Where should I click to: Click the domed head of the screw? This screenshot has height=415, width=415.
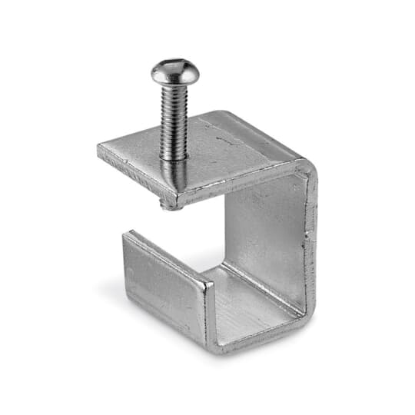[x=174, y=71]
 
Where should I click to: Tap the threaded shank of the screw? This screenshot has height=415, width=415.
[x=174, y=115]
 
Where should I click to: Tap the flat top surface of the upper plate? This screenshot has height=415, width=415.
[x=215, y=154]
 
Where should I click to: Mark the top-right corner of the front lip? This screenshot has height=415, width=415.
[x=208, y=284]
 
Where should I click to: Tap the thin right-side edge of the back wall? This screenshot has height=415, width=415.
[x=311, y=238]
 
